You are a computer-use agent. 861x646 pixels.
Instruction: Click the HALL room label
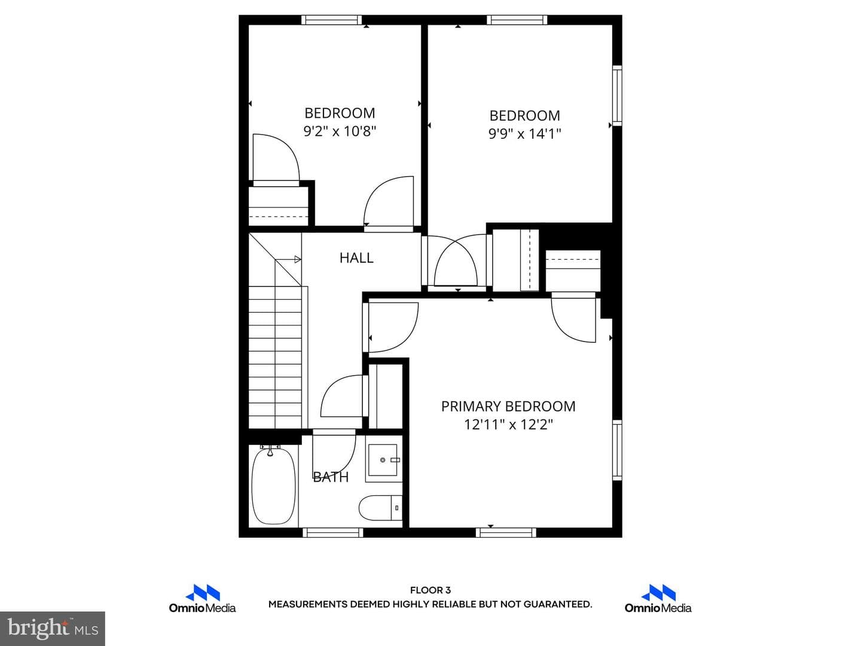(x=356, y=258)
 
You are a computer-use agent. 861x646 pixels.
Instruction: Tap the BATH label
(x=331, y=477)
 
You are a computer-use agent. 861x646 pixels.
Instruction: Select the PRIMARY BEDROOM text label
(x=508, y=406)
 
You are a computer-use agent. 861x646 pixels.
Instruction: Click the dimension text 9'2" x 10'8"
(x=340, y=131)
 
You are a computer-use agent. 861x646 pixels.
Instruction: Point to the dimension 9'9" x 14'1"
(x=524, y=134)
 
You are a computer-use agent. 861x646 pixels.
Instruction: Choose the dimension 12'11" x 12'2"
(x=508, y=425)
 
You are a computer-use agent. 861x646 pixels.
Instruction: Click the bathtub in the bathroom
(x=273, y=486)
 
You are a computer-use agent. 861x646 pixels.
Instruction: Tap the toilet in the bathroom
(x=380, y=508)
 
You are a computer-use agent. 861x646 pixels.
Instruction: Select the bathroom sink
(x=384, y=460)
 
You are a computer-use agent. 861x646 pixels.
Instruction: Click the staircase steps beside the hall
(x=276, y=357)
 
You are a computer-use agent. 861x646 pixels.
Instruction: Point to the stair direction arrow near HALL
(x=288, y=259)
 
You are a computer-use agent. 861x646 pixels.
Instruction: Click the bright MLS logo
(x=53, y=628)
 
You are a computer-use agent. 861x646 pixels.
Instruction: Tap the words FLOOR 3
(x=430, y=590)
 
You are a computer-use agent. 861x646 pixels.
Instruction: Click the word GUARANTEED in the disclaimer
(x=557, y=604)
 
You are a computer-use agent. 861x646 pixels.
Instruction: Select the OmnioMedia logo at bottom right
(x=658, y=599)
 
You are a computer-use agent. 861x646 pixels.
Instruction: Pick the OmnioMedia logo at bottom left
(x=203, y=599)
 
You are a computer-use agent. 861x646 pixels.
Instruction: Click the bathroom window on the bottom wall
(x=332, y=532)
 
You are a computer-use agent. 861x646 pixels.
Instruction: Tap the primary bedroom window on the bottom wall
(x=506, y=532)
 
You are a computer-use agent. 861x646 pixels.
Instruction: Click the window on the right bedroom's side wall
(x=617, y=95)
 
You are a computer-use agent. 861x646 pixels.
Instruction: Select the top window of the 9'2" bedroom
(x=331, y=20)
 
